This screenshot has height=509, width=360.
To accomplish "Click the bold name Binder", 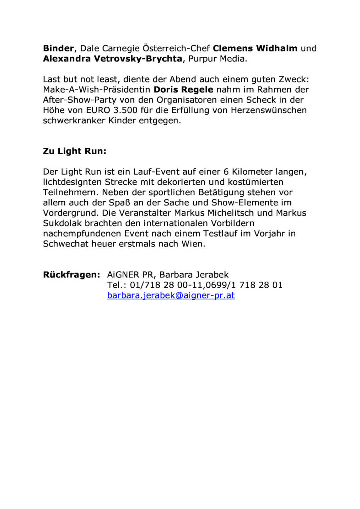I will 58,48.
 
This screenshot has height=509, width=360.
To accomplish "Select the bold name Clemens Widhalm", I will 255,48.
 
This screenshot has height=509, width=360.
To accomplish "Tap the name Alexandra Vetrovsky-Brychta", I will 112,59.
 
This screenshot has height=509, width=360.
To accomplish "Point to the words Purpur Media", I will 217,59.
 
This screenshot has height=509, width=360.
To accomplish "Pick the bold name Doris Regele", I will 183,90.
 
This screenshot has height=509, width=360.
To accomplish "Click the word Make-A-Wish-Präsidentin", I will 97,90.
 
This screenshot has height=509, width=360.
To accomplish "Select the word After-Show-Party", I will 80,100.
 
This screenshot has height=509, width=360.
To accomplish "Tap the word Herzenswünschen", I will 269,110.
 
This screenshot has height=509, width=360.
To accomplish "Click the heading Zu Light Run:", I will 75,151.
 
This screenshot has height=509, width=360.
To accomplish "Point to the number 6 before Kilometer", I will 226,172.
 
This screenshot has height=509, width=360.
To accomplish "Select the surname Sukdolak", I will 62,223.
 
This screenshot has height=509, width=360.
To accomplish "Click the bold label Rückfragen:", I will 71,275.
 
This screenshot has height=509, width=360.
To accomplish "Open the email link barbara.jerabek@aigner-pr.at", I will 171,296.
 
